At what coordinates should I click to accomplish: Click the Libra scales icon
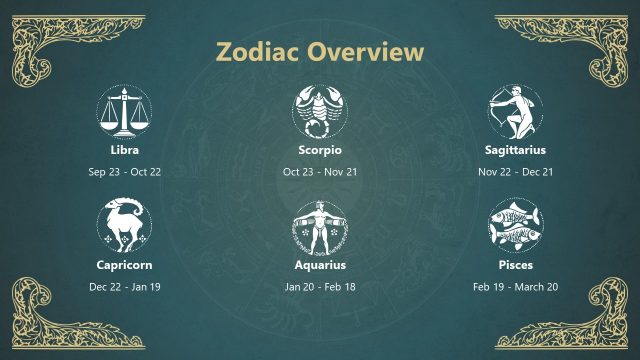[x=124, y=111]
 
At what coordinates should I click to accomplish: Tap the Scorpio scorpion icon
[x=320, y=111]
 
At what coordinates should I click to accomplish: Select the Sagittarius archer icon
[x=515, y=111]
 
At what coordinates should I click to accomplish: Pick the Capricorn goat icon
[x=124, y=227]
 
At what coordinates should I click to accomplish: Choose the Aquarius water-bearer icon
[x=320, y=227]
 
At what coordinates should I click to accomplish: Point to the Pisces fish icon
[x=515, y=227]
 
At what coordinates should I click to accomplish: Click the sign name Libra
[x=124, y=150]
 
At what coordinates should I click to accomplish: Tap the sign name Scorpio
[x=320, y=150]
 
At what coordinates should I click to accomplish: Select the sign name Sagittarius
[x=515, y=150]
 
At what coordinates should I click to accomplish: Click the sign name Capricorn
[x=124, y=265]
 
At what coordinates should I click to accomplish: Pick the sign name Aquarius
[x=320, y=265]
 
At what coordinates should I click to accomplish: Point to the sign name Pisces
[x=515, y=265]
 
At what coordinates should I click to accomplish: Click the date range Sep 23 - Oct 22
[x=124, y=171]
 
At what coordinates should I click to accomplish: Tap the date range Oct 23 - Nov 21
[x=320, y=171]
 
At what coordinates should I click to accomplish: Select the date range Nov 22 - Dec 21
[x=515, y=171]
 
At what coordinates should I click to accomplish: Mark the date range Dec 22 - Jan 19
[x=124, y=287]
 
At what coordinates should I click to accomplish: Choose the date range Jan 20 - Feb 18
[x=320, y=287]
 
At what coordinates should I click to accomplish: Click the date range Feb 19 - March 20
[x=515, y=287]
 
